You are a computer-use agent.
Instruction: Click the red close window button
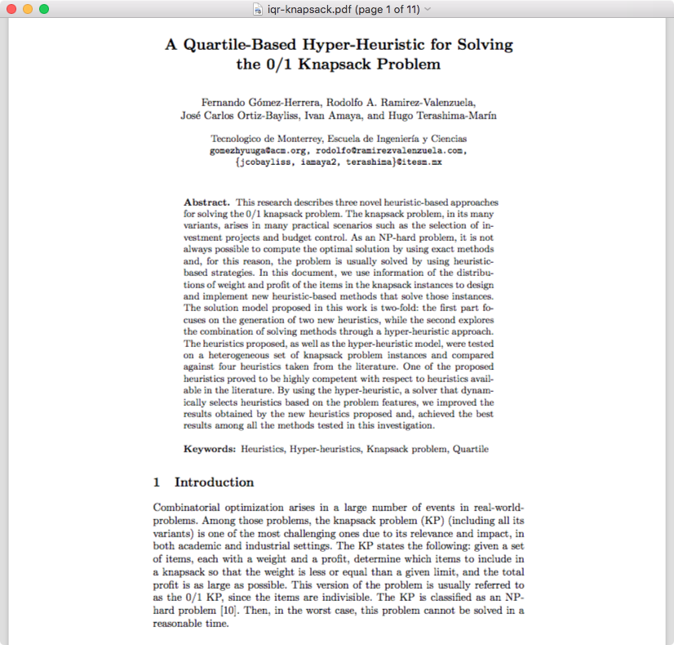11,9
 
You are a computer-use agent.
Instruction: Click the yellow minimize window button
28,9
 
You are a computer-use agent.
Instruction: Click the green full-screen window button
44,9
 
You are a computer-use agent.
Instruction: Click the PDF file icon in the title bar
259,9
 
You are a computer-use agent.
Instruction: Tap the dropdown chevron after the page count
428,9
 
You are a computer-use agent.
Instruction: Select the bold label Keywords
210,448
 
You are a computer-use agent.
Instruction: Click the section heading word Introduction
214,482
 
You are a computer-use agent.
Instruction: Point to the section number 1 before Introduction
157,482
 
